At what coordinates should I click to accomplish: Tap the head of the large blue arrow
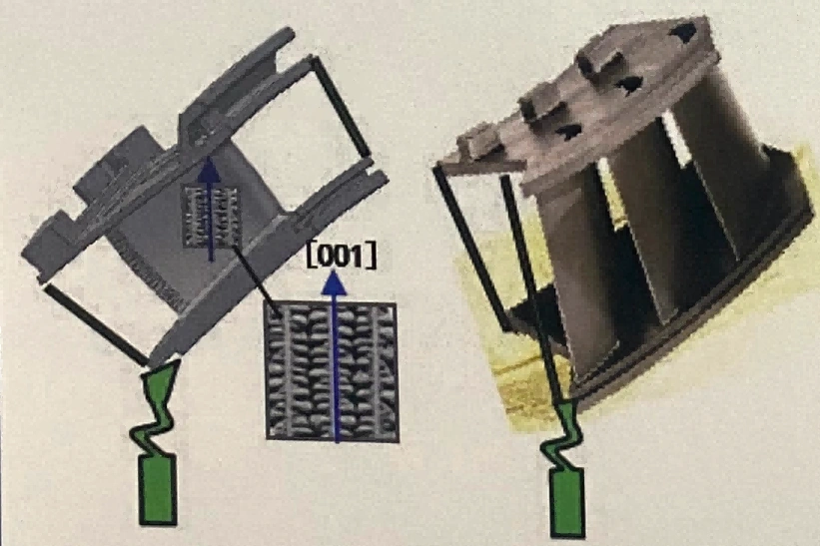coord(334,281)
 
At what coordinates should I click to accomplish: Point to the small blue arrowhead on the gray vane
coord(209,169)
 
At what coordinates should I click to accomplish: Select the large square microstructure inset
coord(333,371)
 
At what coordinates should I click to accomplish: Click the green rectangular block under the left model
coord(158,489)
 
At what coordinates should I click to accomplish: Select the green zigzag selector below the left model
coord(156,407)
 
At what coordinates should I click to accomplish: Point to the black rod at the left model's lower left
coord(95,324)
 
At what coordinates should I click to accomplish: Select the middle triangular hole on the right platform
coord(628,83)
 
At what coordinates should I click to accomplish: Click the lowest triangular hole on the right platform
coord(567,131)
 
